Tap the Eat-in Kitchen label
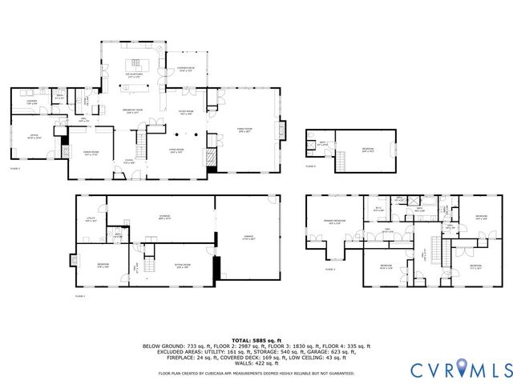coord(134,75)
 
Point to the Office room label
coord(34,137)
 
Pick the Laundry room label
coord(32,102)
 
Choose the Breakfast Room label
coord(132,110)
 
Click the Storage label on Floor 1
coord(164,218)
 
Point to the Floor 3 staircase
coord(437,250)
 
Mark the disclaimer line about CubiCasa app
coord(256,373)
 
